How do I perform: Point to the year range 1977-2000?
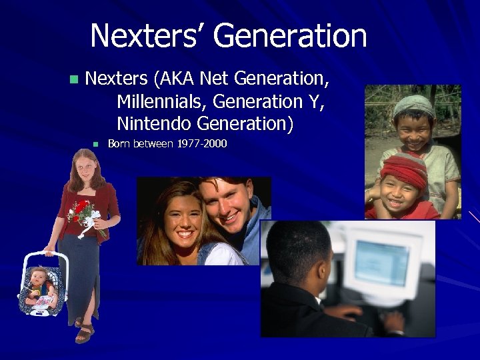(x=201, y=143)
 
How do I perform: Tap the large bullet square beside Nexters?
(x=74, y=79)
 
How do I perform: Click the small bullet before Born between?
(x=95, y=143)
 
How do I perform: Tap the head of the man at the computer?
(x=298, y=257)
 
